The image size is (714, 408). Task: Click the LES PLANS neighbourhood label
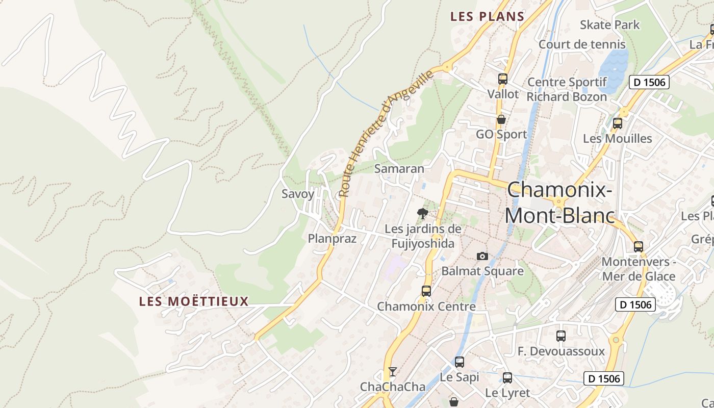[x=487, y=16]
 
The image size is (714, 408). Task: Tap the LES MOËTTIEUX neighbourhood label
[x=194, y=301]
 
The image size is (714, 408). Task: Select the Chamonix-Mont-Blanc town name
[x=559, y=203]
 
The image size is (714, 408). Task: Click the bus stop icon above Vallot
[x=503, y=79]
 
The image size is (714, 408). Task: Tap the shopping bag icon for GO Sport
[x=501, y=119]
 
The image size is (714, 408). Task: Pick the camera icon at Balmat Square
[x=482, y=256]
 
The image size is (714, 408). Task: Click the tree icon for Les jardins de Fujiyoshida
[x=422, y=214]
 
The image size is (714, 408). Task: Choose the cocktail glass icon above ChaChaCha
[x=392, y=371]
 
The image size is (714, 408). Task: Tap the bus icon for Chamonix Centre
[x=426, y=291]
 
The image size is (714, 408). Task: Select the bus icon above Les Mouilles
[x=618, y=123]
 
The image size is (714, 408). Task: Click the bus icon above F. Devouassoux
[x=561, y=336]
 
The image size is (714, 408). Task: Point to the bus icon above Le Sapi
[x=460, y=362]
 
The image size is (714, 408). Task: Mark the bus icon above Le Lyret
[x=507, y=378]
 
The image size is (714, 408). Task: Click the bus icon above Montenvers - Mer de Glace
[x=639, y=247]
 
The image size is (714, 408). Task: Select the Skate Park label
[x=609, y=24]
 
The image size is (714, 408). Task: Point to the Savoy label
[x=298, y=194]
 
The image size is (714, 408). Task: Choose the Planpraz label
[x=332, y=238]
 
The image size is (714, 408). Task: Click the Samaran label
[x=399, y=169]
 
